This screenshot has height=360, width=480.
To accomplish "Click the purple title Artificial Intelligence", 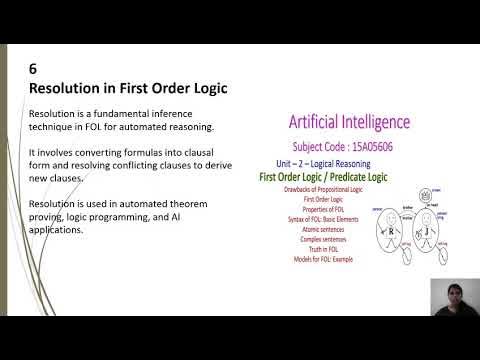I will point(348,123).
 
